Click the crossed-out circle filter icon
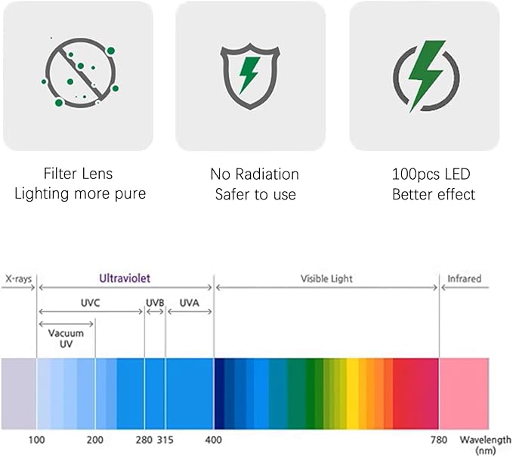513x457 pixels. pos(79,73)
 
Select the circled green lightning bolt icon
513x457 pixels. pos(425,74)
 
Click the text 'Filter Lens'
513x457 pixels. pos(78,174)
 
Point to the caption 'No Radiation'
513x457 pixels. pos(255,174)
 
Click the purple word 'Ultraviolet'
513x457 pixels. pos(125,278)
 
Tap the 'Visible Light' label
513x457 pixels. pos(326,279)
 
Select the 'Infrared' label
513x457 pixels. pos(464,279)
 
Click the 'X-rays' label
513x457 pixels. pos(18,279)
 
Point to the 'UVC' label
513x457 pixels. pos(91,302)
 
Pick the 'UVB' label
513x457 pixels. pos(155,302)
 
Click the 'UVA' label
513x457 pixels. pos(190,302)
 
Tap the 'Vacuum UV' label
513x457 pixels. pos(66,338)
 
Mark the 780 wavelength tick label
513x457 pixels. pos(439,440)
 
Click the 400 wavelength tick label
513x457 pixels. pos(214,440)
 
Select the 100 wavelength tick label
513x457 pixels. pos(36,440)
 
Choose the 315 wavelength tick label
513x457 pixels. pos(165,440)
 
